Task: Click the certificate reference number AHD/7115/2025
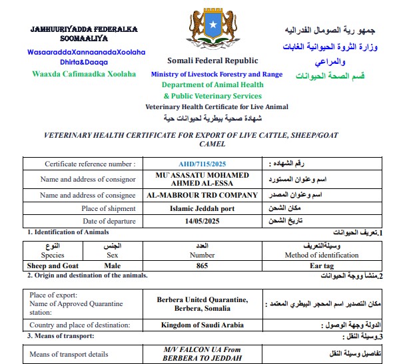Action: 202,163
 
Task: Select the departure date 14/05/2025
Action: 202,221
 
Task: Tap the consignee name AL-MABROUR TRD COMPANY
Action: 202,196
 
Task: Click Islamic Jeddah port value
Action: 202,208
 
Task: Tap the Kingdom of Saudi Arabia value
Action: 202,325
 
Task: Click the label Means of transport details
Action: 69,354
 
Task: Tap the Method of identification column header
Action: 326,254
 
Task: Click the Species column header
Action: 53,254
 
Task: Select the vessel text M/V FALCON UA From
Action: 202,349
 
